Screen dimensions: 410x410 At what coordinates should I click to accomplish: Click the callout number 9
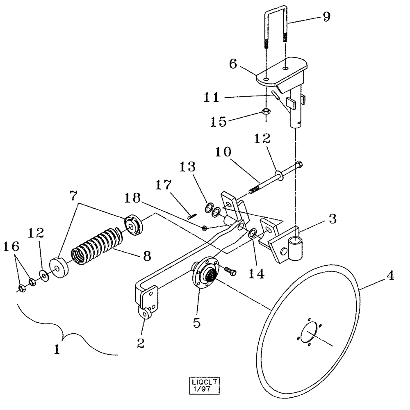click(x=326, y=18)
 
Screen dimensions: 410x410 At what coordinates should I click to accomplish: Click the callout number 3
click(x=333, y=219)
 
